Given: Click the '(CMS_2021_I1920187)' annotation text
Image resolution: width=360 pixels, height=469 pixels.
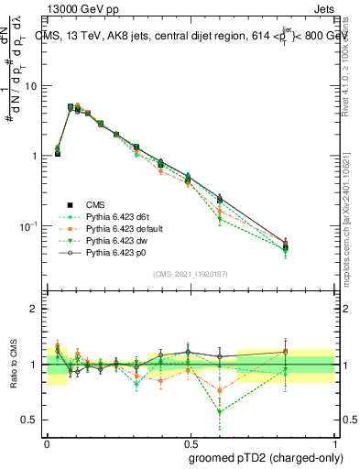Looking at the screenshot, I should click(190, 274).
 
